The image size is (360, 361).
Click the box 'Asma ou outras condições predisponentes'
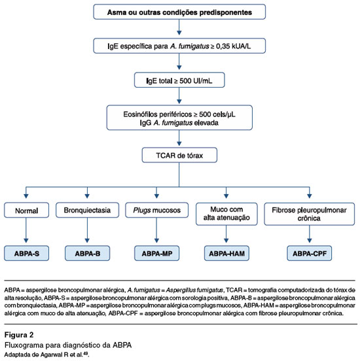point(179,12)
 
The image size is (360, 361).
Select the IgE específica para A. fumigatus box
point(179,46)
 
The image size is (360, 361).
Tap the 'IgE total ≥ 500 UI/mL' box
point(179,80)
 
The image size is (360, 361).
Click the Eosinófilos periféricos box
point(179,118)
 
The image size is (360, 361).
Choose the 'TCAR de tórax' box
point(179,155)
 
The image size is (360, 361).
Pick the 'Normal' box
point(26,210)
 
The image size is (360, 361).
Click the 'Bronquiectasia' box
point(87,210)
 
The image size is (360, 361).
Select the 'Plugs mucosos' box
point(156,210)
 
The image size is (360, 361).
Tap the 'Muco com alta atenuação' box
point(226,214)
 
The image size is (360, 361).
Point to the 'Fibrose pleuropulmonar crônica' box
point(310,214)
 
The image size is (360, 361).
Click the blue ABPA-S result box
point(26,253)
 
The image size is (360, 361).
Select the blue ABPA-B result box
point(87,253)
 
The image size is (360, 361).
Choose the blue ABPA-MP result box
point(156,253)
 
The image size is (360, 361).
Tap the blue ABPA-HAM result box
point(226,253)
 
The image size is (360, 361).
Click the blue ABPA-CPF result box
point(310,253)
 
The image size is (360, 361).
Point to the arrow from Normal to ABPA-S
point(26,230)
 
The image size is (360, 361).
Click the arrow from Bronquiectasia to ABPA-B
point(87,230)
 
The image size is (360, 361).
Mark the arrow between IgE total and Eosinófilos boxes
point(179,95)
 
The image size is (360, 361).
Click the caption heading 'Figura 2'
point(19,335)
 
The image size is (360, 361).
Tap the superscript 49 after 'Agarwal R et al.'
point(85,353)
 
